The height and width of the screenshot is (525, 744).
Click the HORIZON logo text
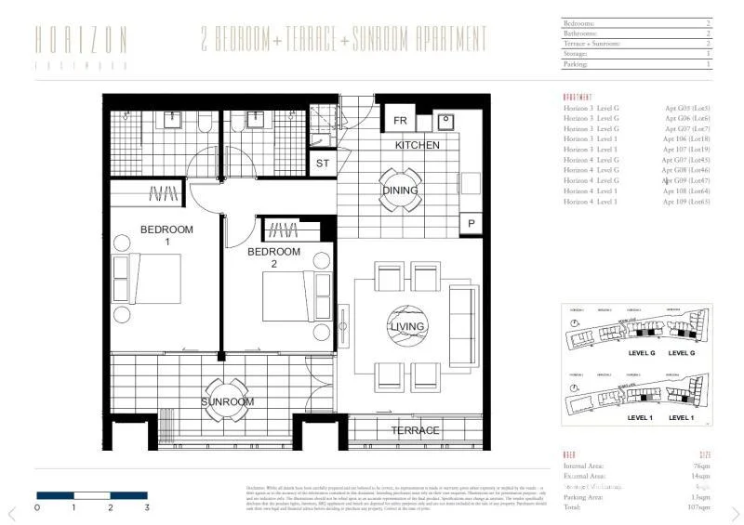coord(81,39)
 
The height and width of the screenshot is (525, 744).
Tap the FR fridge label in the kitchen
coord(400,122)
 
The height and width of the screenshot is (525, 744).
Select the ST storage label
coord(323,164)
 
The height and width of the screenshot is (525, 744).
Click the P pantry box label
coord(472,223)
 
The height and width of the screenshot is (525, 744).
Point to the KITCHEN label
coord(417,146)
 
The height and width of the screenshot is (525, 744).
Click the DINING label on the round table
coord(401,190)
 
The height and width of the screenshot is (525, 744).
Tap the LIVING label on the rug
coord(407,326)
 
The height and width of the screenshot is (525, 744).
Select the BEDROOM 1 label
coord(166,235)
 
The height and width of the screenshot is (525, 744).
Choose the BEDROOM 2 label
coord(273,257)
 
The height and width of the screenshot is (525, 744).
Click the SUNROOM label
coord(228,401)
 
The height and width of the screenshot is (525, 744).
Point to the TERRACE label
coord(415,431)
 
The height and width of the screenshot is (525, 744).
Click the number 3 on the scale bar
coord(147,508)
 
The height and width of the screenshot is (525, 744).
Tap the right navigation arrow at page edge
coord(734,513)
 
